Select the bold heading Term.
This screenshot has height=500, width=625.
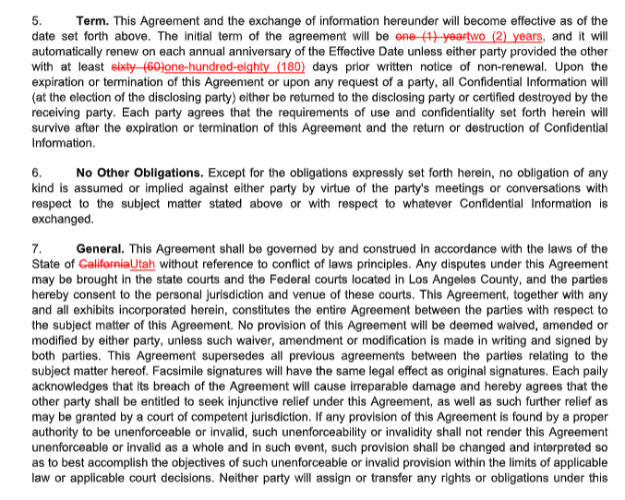coord(92,20)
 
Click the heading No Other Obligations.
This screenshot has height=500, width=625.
coord(139,173)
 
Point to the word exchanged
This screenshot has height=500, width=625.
coord(62,220)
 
